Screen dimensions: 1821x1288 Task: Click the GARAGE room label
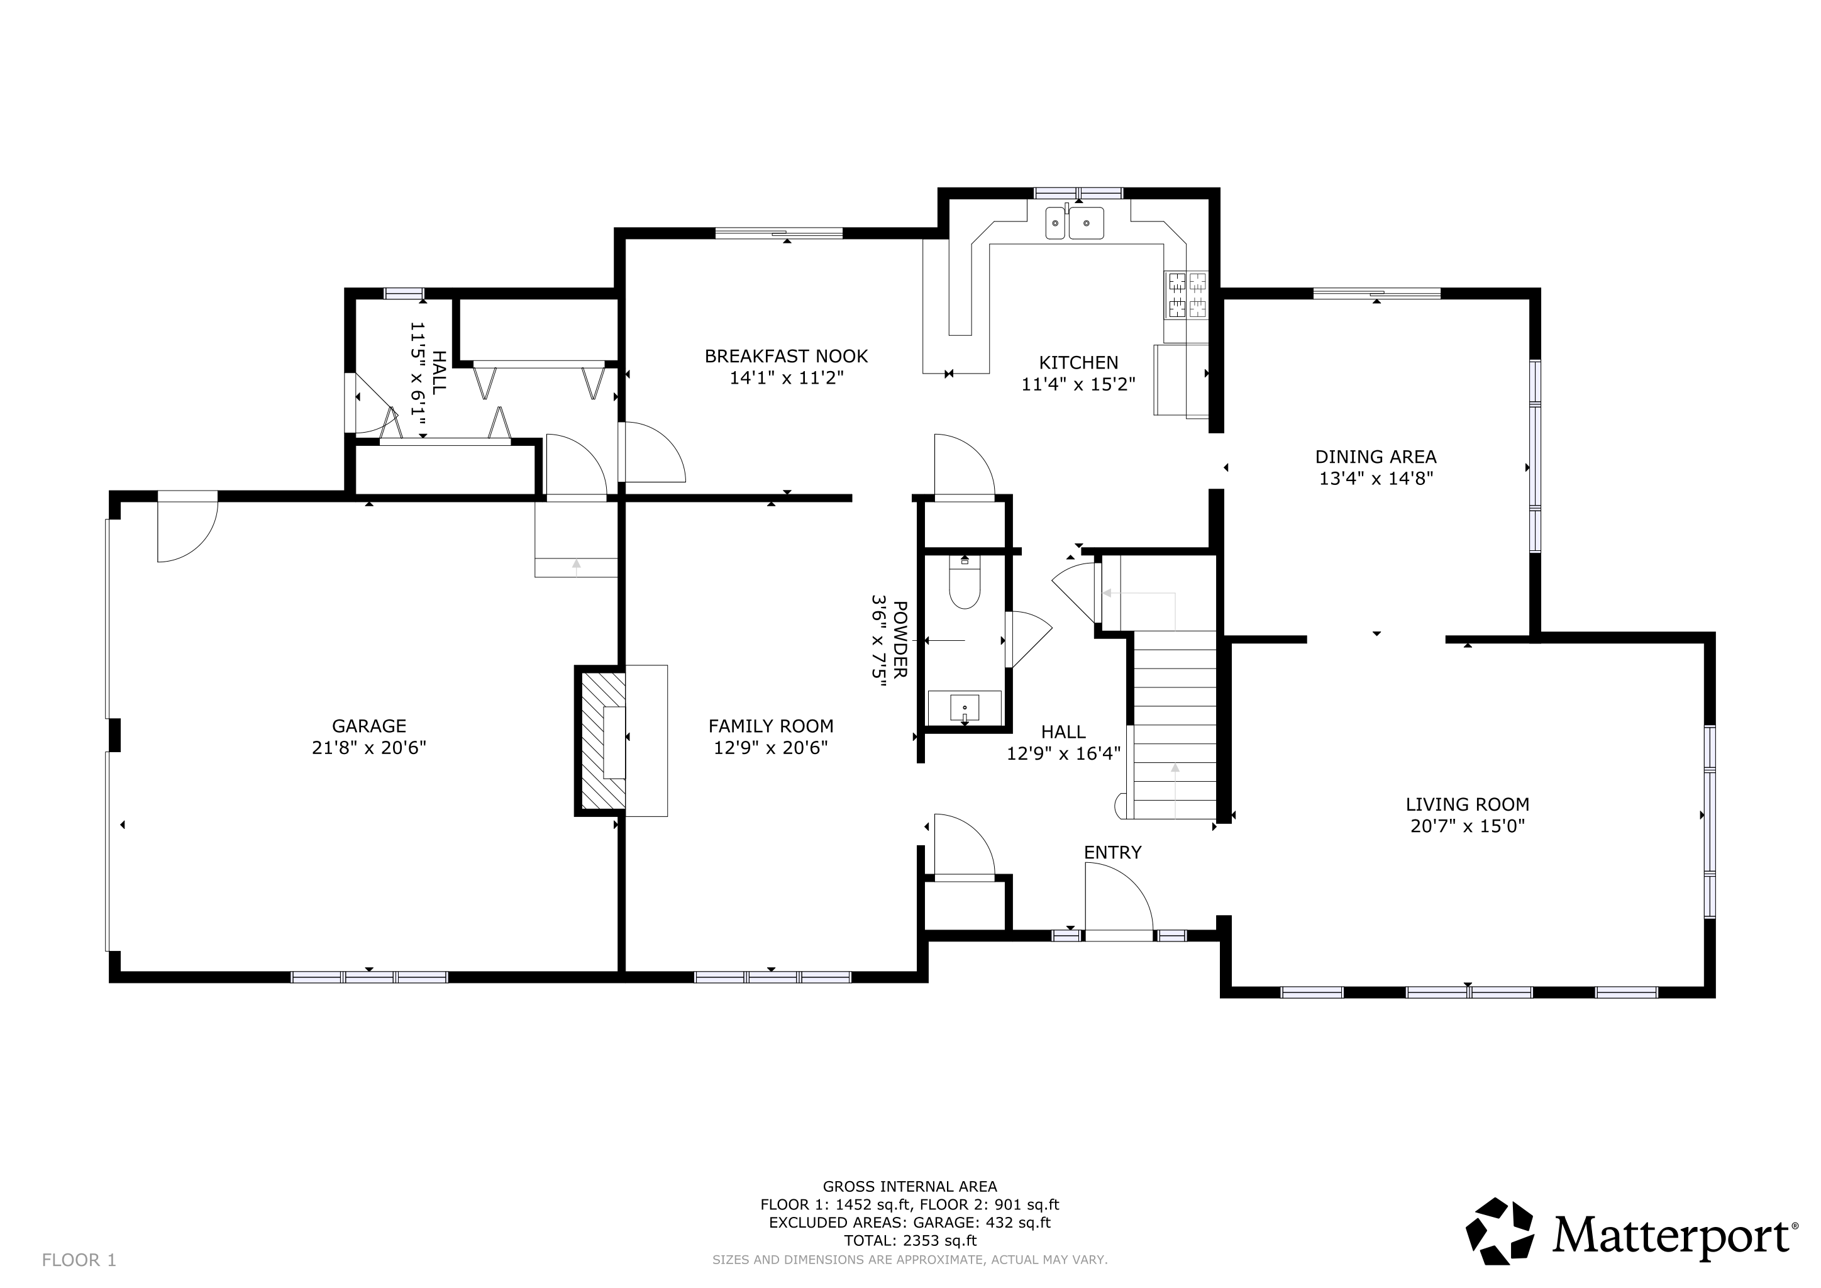point(369,726)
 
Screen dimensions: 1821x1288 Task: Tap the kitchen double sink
point(1075,222)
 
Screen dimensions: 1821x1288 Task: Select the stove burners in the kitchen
point(1186,294)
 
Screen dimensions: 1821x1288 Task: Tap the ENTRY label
point(1113,853)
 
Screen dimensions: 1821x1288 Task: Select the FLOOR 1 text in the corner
point(79,1260)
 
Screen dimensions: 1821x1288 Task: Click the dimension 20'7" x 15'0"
point(1467,826)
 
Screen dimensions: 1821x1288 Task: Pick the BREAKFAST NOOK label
point(786,357)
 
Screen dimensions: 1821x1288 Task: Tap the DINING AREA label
point(1376,457)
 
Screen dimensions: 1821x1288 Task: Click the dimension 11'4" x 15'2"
point(1078,385)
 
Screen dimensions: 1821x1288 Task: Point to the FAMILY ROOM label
point(771,726)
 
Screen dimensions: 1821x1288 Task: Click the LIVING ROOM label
point(1467,804)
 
